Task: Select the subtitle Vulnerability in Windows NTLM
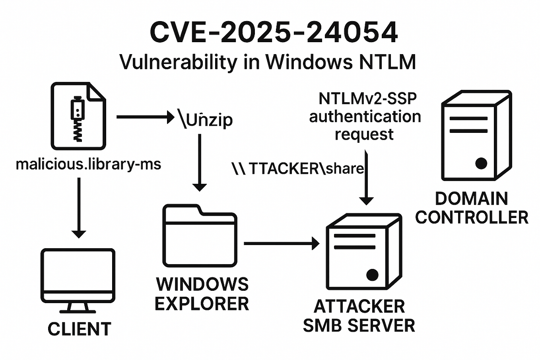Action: pos(268,62)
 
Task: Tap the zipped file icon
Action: pos(78,116)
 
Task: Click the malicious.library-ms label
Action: pos(88,164)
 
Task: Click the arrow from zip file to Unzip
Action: pos(145,117)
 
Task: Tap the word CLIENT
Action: pos(79,329)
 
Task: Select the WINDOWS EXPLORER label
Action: pos(202,294)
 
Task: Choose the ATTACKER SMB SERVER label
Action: pos(359,316)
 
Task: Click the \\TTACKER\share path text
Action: pos(297,168)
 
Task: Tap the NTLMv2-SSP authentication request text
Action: pos(365,116)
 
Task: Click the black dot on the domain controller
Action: pos(481,163)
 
